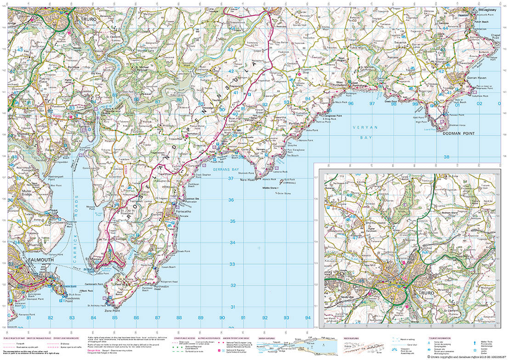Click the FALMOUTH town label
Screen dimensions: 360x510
41,260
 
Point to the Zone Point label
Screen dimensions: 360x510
113,311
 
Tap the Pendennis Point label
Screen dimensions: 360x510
68,299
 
